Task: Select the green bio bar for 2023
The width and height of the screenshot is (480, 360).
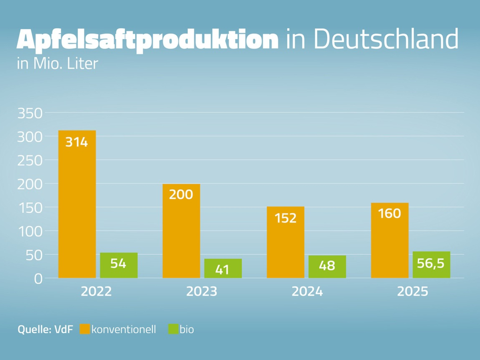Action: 223,268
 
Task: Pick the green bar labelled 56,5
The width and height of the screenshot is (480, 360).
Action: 431,265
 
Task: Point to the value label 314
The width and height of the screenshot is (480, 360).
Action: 77,142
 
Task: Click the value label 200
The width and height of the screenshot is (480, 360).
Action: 181,194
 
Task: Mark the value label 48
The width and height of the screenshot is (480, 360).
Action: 327,266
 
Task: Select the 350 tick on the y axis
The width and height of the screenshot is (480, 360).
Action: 30,114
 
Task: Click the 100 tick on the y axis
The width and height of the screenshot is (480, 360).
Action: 30,231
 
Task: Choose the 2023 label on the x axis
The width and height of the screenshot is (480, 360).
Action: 202,291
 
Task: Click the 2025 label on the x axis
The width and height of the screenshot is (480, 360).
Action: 412,291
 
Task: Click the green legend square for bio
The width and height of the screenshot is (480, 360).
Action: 173,329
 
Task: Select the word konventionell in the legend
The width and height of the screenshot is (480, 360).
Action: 124,330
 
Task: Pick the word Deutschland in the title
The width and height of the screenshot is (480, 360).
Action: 386,39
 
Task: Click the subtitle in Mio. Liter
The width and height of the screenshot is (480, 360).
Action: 58,64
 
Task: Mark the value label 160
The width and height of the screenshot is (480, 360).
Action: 390,214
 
